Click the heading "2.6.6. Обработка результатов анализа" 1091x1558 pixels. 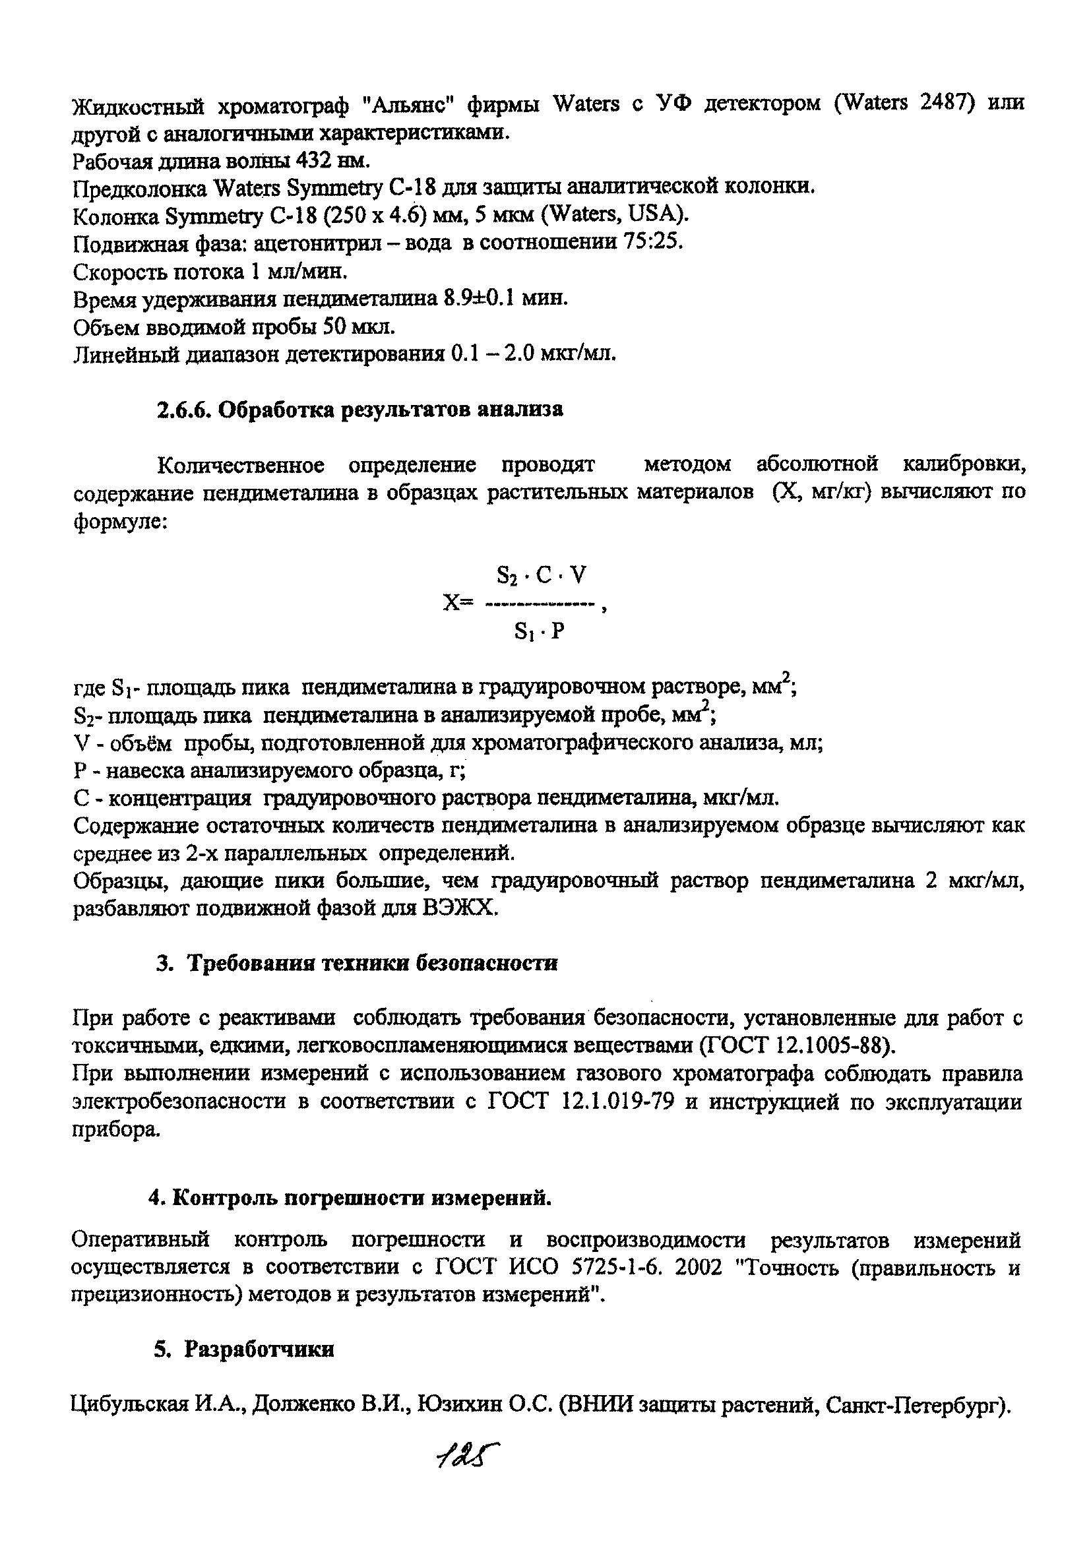(359, 410)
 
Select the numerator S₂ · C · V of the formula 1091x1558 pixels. (541, 576)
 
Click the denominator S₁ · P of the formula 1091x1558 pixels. (539, 632)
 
